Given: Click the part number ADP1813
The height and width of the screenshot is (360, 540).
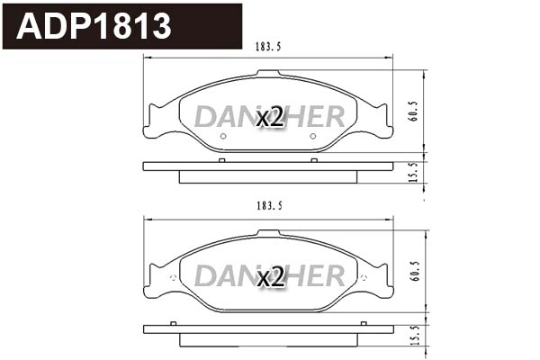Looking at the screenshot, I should [94, 26].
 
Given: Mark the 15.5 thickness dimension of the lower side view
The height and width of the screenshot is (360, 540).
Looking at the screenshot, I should [413, 334].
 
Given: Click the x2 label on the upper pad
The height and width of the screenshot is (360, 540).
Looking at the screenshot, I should [270, 117].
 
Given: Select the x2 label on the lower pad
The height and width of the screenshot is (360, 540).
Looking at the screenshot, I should [270, 277].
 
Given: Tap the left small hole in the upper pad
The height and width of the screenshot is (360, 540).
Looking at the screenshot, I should [222, 137].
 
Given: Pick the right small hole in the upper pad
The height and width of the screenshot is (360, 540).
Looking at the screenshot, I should [313, 137].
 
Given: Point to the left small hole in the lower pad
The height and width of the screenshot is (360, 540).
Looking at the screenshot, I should [222, 296].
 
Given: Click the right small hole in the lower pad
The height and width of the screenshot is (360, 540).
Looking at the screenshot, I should [313, 296].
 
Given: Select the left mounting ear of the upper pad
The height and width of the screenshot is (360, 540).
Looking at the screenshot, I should [155, 121].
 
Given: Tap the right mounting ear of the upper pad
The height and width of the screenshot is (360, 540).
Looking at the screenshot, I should [382, 121].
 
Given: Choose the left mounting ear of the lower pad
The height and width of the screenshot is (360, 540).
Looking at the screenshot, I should [155, 280].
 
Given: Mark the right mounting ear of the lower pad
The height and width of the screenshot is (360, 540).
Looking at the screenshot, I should [382, 280].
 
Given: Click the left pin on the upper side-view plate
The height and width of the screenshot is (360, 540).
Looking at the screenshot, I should [222, 160].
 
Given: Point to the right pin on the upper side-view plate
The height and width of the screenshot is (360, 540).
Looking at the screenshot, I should [313, 160].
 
